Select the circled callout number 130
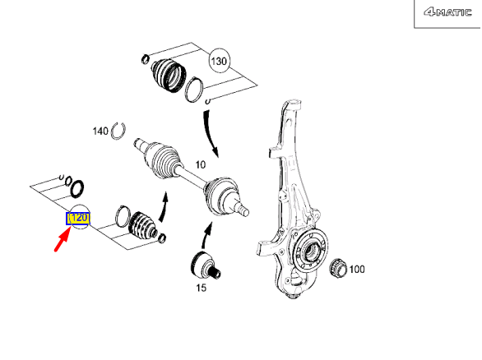pyautogui.click(x=219, y=62)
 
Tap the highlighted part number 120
pyautogui.click(x=78, y=219)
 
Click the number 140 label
pyautogui.click(x=100, y=131)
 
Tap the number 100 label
pyautogui.click(x=357, y=269)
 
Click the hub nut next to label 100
pyautogui.click(x=336, y=267)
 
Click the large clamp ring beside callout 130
pyautogui.click(x=196, y=88)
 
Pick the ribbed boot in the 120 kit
pyautogui.click(x=141, y=227)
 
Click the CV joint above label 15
pyautogui.click(x=202, y=265)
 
